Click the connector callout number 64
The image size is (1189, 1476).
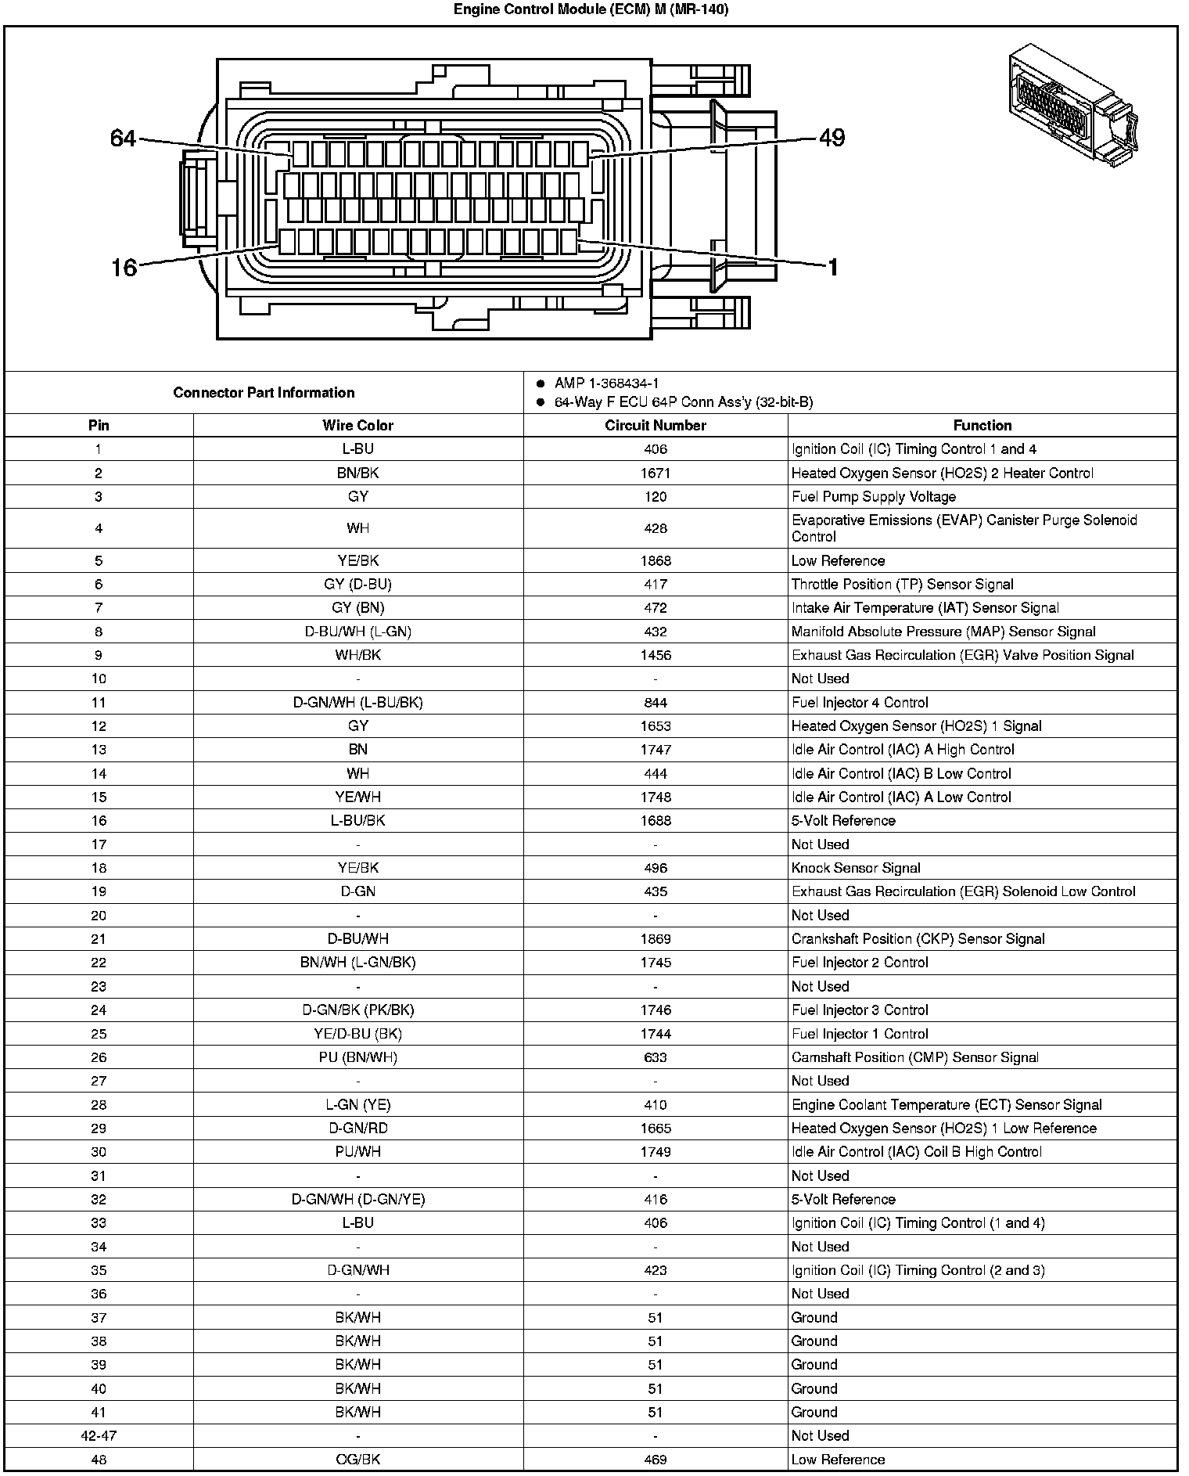tap(123, 139)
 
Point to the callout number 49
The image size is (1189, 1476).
tap(832, 138)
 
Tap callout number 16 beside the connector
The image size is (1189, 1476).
tap(124, 268)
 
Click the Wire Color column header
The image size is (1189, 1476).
tap(357, 426)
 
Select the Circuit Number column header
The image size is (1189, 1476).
tap(655, 426)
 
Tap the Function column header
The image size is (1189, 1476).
tap(982, 426)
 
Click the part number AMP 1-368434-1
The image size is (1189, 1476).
tap(606, 383)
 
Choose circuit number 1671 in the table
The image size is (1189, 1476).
tap(655, 473)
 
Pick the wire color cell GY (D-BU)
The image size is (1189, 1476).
tap(357, 585)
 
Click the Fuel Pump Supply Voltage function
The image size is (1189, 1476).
tap(873, 497)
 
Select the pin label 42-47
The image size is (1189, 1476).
tap(99, 1436)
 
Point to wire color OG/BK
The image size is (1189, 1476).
tap(357, 1460)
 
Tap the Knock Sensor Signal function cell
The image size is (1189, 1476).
tap(856, 868)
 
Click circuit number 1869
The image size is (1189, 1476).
tap(655, 939)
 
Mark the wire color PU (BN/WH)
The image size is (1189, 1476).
tap(357, 1057)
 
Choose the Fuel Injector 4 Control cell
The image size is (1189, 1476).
tap(860, 703)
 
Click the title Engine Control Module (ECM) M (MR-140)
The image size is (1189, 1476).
tap(591, 10)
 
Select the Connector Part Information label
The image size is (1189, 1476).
tap(264, 393)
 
